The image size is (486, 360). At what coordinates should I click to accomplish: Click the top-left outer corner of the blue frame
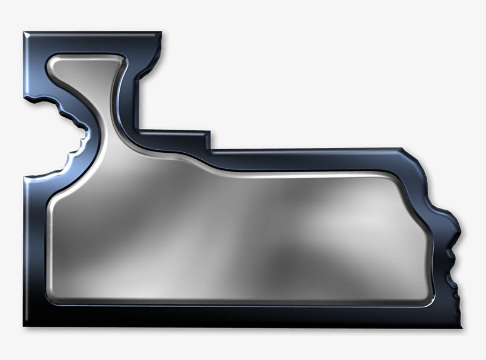pyautogui.click(x=25, y=33)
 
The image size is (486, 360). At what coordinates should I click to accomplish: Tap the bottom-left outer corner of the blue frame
pyautogui.click(x=25, y=326)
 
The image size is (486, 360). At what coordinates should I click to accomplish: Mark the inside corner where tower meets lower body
pyautogui.click(x=139, y=128)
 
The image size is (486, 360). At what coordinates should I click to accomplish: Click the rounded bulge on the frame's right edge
pyautogui.click(x=454, y=231)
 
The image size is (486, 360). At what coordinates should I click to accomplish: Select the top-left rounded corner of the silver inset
pyautogui.click(x=53, y=62)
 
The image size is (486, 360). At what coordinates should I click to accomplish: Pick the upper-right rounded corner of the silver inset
pyautogui.click(x=395, y=178)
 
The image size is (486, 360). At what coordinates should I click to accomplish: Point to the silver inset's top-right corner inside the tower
pyautogui.click(x=121, y=59)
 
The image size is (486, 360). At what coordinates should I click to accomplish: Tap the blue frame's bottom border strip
pyautogui.click(x=237, y=316)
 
